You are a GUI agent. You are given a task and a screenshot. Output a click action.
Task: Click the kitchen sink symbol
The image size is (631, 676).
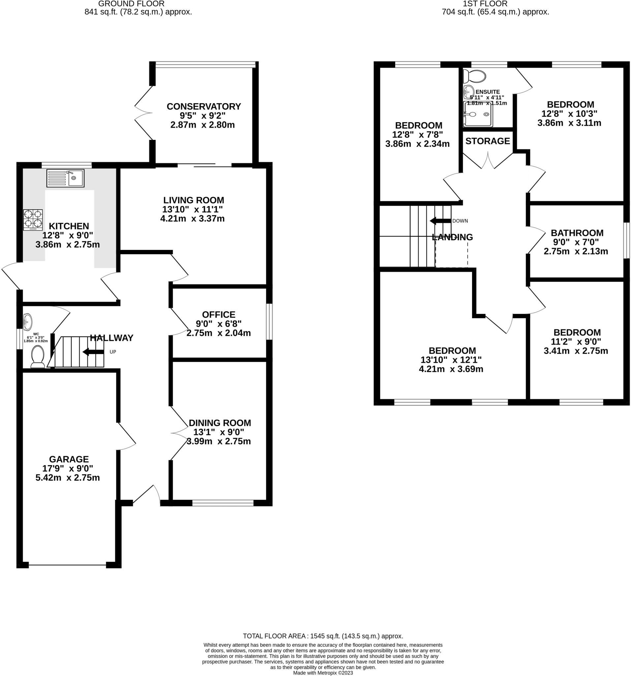tap(65, 178)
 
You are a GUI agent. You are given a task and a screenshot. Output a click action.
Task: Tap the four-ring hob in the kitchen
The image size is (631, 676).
tap(33, 220)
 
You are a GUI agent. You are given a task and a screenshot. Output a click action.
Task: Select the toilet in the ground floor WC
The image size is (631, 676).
tap(37, 357)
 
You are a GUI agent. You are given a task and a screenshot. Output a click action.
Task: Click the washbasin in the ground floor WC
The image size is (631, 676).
tap(27, 320)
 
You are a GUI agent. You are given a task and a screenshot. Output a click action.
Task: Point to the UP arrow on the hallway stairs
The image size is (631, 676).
tap(93, 352)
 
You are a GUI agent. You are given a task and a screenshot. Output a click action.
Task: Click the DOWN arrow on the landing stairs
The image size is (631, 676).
tap(440, 221)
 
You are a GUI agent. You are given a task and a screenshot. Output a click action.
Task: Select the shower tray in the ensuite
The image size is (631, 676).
tap(478, 114)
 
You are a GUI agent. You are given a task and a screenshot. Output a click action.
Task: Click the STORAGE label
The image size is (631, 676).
tap(488, 141)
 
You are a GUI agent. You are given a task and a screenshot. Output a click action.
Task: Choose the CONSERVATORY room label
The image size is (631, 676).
tap(204, 106)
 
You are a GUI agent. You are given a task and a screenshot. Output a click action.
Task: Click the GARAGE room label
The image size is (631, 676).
tap(69, 459)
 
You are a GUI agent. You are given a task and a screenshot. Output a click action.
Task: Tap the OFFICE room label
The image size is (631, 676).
tap(218, 315)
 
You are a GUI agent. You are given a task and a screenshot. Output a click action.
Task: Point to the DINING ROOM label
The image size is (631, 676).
tap(220, 423)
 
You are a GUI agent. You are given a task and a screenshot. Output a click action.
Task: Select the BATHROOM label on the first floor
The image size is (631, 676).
tap(577, 233)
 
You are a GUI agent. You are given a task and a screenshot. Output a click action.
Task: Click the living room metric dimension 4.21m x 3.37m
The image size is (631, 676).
tap(192, 218)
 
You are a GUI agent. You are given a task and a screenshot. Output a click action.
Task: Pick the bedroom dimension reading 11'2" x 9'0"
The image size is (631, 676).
tap(576, 341)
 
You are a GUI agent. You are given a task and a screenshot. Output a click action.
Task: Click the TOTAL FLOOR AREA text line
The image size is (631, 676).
tap(323, 635)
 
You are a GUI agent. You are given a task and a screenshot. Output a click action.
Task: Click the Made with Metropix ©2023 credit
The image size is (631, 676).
tap(323, 673)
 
